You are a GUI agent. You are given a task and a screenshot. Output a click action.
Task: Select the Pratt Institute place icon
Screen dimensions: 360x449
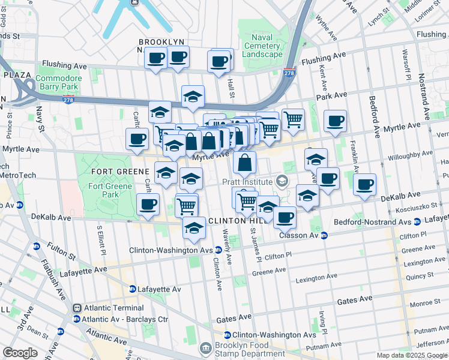click(281, 181)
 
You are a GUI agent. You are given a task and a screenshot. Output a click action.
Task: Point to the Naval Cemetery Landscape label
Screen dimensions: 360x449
click(262, 46)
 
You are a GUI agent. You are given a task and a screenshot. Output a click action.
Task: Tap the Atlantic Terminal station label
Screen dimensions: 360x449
click(106, 308)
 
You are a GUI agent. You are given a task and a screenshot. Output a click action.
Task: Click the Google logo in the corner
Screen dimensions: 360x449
click(20, 352)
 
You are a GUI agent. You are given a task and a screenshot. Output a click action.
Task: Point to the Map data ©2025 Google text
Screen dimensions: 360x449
click(412, 355)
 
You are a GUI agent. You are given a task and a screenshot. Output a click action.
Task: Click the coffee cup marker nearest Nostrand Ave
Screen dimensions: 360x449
click(364, 185)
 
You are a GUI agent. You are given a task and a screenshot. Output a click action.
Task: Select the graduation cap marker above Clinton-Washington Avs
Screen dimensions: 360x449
click(194, 228)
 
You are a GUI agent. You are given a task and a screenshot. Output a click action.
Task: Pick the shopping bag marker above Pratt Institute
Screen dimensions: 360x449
click(245, 162)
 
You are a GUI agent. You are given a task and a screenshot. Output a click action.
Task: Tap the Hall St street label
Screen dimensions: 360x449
click(231, 88)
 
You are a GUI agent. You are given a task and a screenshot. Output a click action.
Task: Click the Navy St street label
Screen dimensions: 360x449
click(40, 120)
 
